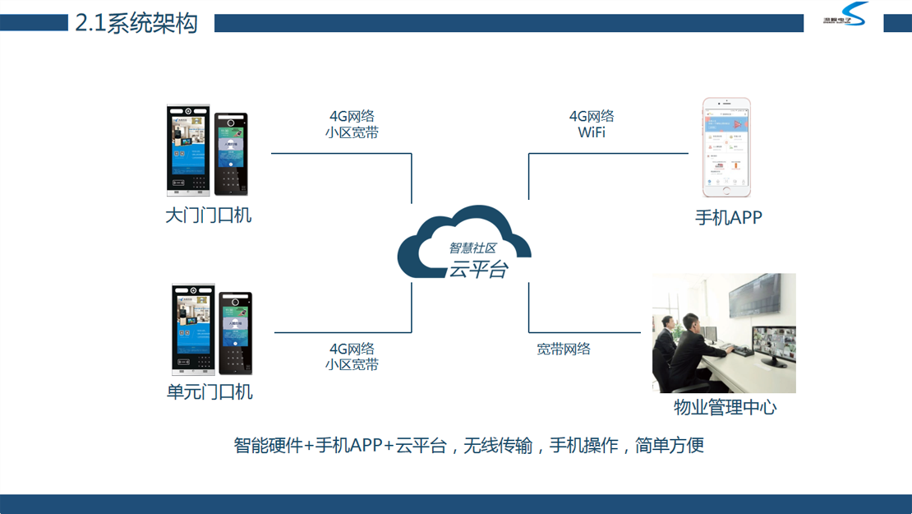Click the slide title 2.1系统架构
(136, 23)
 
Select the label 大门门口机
(208, 216)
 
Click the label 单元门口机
(210, 392)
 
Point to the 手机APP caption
(728, 218)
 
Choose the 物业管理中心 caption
(725, 407)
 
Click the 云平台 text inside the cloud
(477, 268)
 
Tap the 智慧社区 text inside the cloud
(472, 248)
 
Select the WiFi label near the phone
(592, 132)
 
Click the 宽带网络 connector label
(564, 349)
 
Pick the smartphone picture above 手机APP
(726, 148)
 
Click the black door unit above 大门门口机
(231, 154)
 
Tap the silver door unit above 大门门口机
(188, 150)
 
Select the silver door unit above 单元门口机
(192, 329)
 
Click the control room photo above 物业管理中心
(724, 332)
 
